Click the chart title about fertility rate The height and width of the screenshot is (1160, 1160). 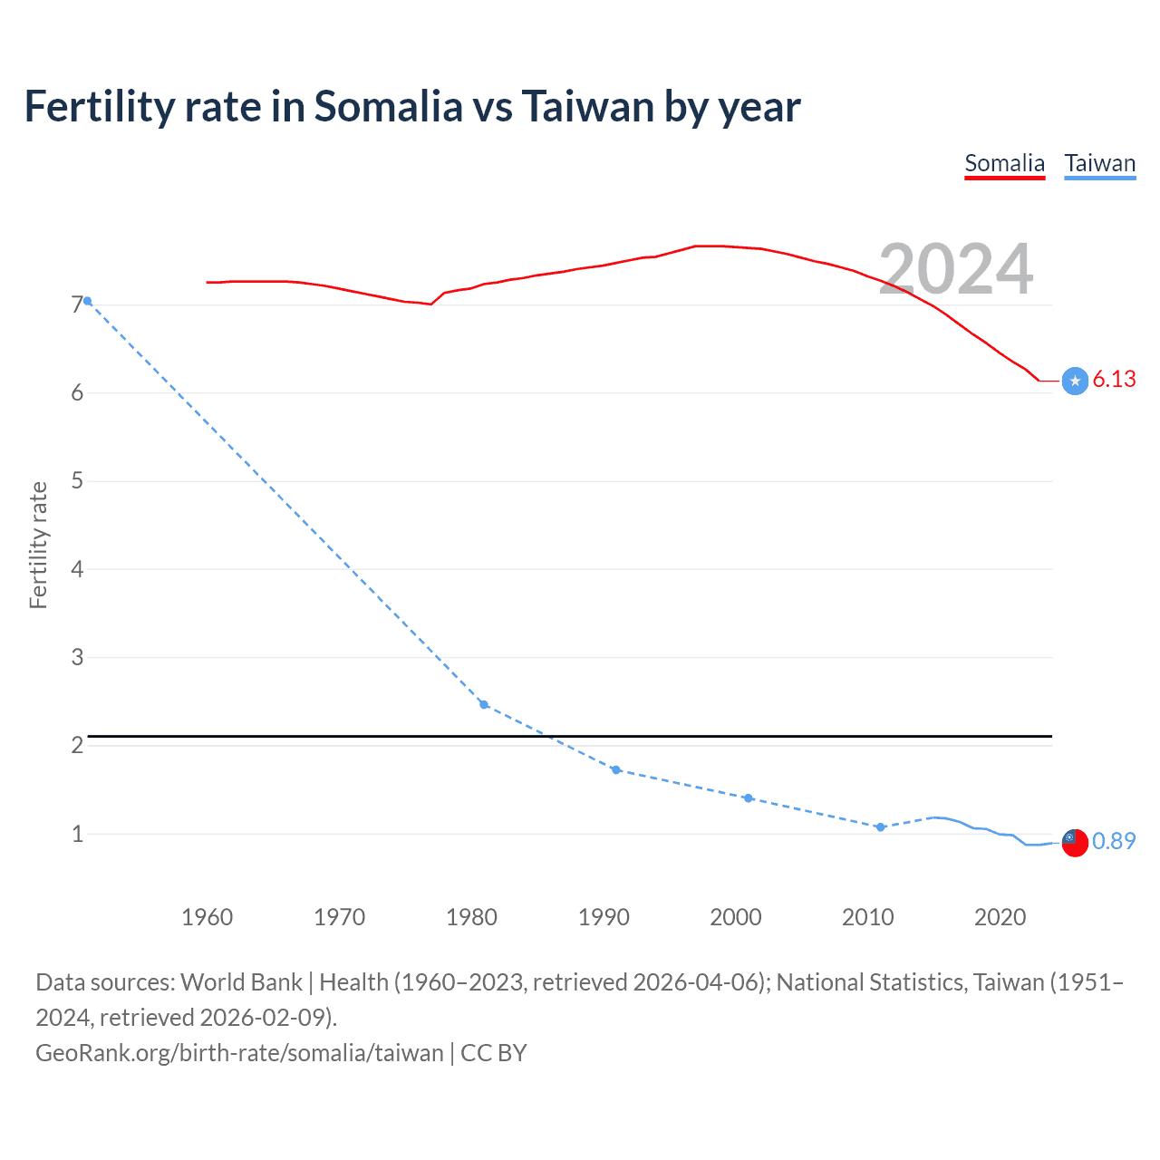[412, 107]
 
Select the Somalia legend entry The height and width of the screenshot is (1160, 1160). [1004, 163]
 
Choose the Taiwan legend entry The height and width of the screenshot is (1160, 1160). [1099, 163]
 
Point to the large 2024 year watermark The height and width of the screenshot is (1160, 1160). [955, 269]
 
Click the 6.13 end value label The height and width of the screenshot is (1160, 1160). [1114, 380]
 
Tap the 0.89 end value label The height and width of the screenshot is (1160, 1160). [1114, 841]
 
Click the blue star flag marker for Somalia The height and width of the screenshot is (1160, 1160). [1075, 381]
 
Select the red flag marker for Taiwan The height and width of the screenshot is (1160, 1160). [1075, 842]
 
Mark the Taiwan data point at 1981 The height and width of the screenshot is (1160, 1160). [484, 704]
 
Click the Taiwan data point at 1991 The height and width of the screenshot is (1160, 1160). [616, 769]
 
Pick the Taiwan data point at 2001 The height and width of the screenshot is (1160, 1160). [748, 797]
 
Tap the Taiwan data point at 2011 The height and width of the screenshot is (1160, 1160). [880, 826]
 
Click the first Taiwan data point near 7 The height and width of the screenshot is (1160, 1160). [87, 301]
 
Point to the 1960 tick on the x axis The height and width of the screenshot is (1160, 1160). [208, 917]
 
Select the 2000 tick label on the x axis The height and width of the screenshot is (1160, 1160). [736, 917]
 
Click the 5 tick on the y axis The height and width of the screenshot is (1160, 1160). [77, 480]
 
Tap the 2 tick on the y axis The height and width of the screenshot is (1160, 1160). [77, 745]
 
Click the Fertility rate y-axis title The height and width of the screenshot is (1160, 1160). [38, 545]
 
